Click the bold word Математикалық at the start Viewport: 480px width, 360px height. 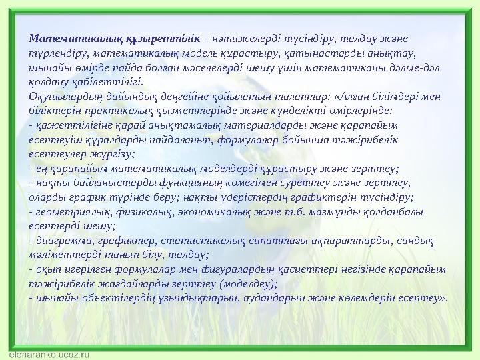tap(66, 37)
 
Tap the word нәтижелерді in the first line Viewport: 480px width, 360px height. tap(245, 37)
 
